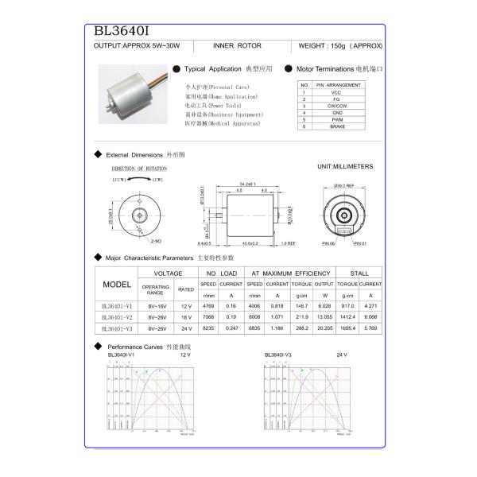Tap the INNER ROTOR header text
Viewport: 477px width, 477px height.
pos(238,47)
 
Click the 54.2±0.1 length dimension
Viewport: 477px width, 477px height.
pos(248,184)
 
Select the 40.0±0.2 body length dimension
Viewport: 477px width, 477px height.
pos(250,242)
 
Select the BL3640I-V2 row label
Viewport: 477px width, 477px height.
pos(119,316)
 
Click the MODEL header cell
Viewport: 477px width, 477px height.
pos(117,284)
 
